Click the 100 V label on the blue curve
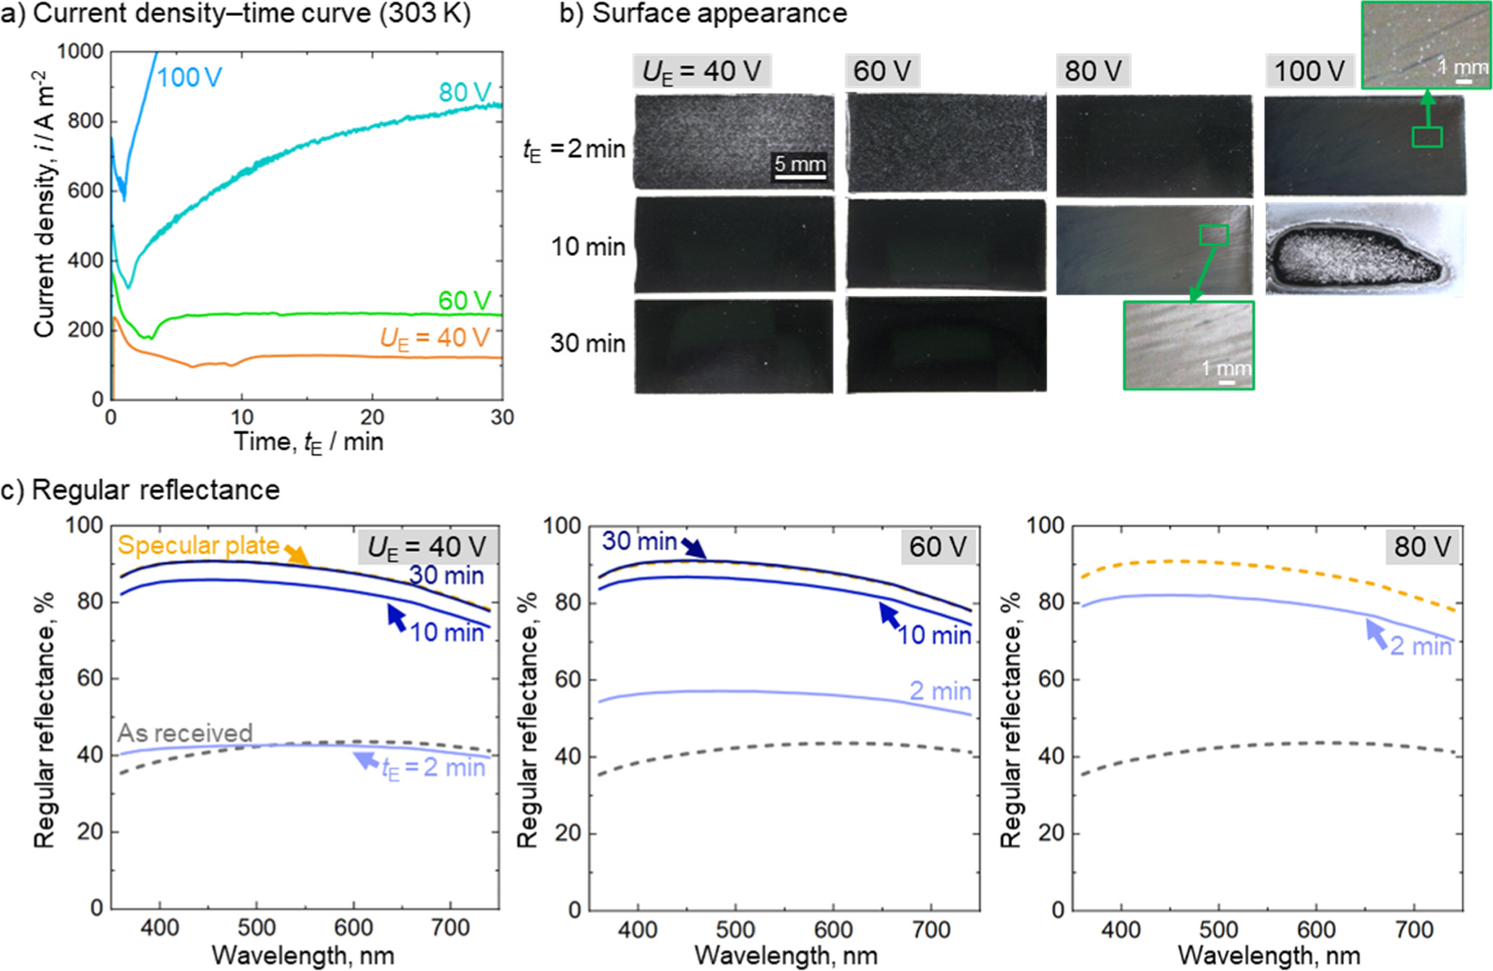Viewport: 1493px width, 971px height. [x=189, y=77]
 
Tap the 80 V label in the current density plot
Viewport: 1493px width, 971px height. [x=465, y=93]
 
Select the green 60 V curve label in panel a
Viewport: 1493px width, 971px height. [x=465, y=300]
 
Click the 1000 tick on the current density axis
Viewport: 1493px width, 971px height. [x=80, y=51]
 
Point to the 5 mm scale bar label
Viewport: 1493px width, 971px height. [x=800, y=164]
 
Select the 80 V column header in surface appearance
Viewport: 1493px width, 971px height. [x=1093, y=71]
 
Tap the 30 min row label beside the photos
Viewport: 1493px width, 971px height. [x=587, y=343]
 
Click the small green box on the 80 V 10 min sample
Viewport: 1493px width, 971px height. [x=1214, y=234]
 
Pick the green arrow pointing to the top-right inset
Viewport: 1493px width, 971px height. [x=1427, y=109]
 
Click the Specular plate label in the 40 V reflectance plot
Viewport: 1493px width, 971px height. [x=198, y=546]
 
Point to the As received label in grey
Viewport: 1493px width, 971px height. [x=185, y=733]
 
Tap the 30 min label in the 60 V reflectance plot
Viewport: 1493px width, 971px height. [x=639, y=540]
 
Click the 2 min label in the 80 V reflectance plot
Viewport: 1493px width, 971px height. [x=1420, y=646]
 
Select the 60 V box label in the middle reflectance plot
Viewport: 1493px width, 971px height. [x=938, y=546]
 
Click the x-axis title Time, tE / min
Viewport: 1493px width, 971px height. [x=308, y=441]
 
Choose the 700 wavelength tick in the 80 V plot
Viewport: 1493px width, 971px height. [x=1414, y=929]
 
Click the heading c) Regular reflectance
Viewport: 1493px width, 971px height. [x=140, y=490]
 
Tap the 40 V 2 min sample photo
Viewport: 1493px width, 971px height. [x=734, y=143]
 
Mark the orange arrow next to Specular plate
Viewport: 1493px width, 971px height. [x=296, y=555]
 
